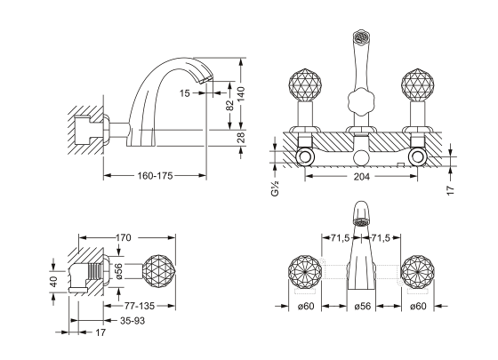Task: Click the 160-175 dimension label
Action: click(155, 176)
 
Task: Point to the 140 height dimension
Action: click(242, 94)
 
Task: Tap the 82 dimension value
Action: click(229, 106)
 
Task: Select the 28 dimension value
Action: click(242, 138)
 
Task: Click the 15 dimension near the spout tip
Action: click(185, 93)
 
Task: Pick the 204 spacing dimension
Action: click(362, 177)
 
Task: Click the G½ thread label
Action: click(275, 188)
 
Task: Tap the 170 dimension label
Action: click(123, 237)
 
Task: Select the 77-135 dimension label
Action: click(139, 306)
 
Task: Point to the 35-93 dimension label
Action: click(133, 321)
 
